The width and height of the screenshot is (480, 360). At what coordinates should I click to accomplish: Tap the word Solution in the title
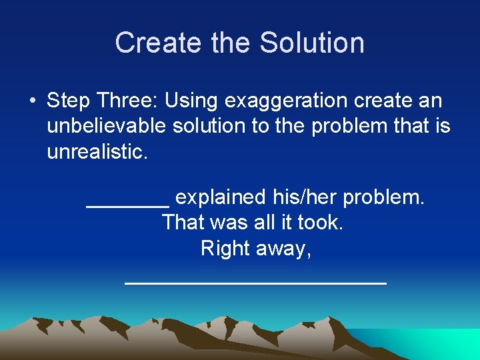pyautogui.click(x=312, y=43)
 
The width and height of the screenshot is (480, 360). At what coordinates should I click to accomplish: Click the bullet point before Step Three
pyautogui.click(x=32, y=101)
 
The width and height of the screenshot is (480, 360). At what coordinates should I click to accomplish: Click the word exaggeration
pyautogui.click(x=286, y=102)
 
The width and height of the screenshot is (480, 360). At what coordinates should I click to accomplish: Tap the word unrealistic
pyautogui.click(x=95, y=151)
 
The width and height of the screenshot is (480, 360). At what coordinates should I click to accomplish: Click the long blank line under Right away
pyautogui.click(x=255, y=282)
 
